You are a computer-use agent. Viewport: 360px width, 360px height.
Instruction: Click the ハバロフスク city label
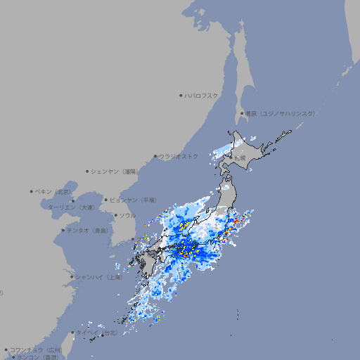coord(201,95)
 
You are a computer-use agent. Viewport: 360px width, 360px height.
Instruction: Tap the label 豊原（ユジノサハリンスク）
coord(280,113)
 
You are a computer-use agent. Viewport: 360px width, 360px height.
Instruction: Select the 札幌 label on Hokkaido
coord(240,159)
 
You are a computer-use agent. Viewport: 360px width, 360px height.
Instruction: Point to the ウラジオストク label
coord(179,156)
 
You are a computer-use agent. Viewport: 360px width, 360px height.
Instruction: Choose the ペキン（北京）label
coord(53,191)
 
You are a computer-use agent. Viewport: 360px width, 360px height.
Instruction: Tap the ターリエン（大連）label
coord(71,207)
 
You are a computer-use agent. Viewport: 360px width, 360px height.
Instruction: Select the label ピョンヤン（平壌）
coord(133,200)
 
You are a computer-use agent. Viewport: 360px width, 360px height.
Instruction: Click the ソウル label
coord(127,216)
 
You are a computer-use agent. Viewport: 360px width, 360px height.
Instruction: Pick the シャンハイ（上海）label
coord(98,277)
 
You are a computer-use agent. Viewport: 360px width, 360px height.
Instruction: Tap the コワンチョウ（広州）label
coord(35,349)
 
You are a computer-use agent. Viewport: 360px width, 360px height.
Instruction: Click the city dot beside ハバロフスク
coord(181,95)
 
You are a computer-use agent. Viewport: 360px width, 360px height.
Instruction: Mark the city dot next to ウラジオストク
coord(155,156)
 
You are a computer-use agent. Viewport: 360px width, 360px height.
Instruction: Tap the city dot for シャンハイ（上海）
coord(72,277)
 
